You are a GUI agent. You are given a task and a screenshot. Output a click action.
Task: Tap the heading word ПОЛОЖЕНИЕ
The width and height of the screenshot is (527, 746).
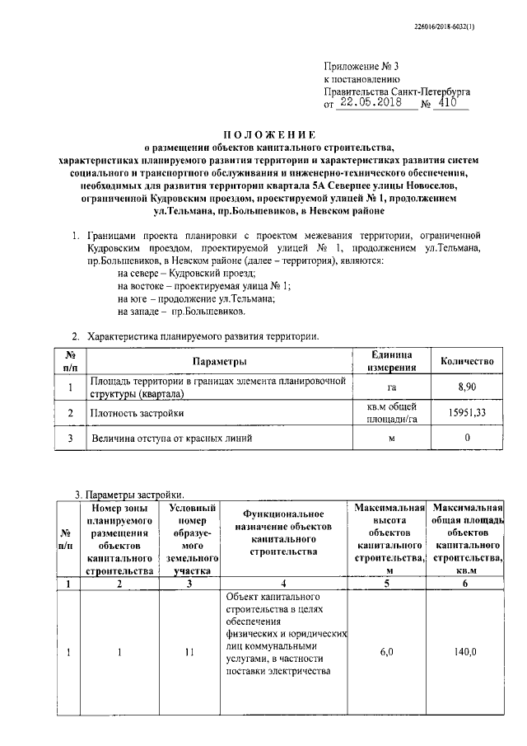pyautogui.click(x=271, y=134)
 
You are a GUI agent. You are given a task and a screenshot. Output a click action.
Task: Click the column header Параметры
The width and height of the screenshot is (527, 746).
pyautogui.click(x=220, y=362)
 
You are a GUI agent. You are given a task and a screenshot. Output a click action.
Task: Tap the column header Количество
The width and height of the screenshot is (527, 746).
pyautogui.click(x=467, y=361)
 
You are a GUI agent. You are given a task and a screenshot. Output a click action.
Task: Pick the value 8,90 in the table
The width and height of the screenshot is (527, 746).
pyautogui.click(x=467, y=387)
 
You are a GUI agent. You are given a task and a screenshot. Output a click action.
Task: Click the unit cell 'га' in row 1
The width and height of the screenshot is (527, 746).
pyautogui.click(x=391, y=387)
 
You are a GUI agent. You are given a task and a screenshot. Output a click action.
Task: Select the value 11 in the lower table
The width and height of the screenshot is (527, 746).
pyautogui.click(x=190, y=652)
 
